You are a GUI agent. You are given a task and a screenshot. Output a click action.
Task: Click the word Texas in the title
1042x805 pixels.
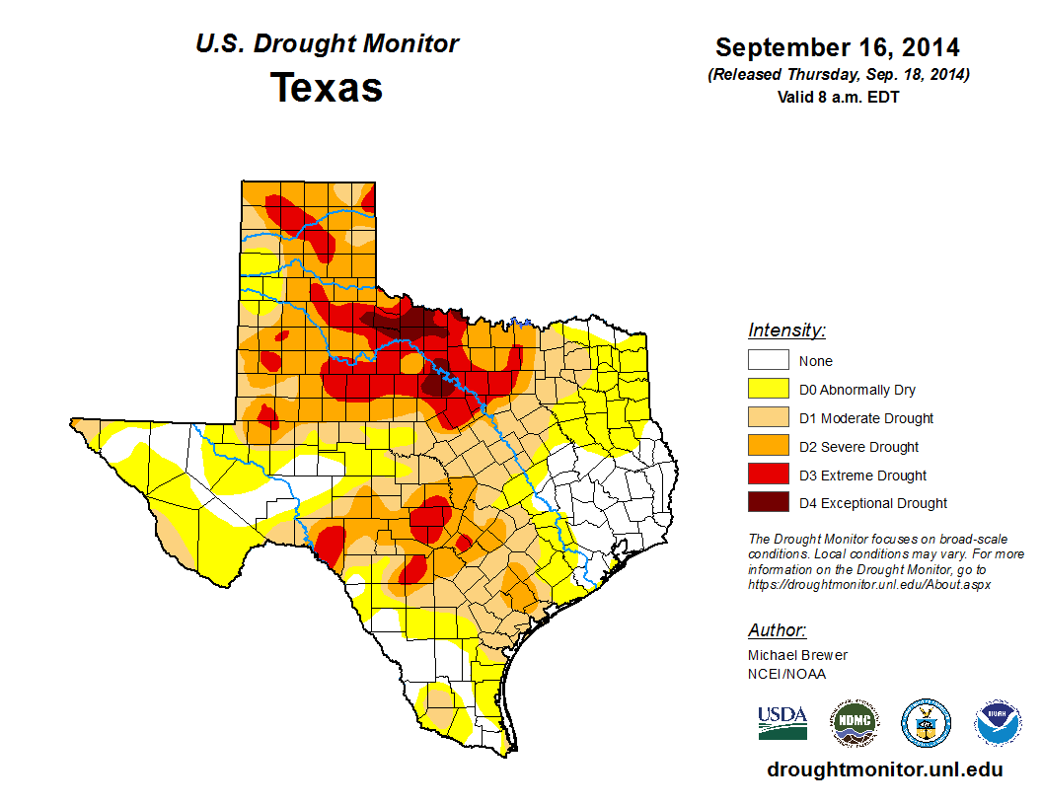[327, 87]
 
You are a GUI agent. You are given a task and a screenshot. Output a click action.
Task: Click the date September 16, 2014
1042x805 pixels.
[837, 47]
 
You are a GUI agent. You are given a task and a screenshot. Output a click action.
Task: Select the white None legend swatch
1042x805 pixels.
[768, 361]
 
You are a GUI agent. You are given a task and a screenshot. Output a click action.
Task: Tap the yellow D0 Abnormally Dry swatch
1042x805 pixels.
[768, 390]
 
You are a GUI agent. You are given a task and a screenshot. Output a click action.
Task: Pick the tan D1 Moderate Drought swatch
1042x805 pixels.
[768, 418]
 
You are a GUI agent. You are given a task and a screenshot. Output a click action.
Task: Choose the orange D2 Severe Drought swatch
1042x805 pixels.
[768, 447]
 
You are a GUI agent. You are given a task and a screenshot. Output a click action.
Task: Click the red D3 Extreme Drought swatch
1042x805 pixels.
[768, 475]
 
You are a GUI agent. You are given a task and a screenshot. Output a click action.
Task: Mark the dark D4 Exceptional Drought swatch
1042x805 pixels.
[768, 503]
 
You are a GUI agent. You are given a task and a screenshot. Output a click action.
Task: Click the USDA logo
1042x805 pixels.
[782, 722]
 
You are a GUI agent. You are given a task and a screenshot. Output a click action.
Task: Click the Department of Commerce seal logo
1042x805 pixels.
[926, 723]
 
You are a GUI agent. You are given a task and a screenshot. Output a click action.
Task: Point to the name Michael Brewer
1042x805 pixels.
[797, 655]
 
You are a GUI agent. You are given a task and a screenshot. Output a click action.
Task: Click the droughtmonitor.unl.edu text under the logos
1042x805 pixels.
[884, 769]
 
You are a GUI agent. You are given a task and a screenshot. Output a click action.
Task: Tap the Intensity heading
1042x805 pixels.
[786, 330]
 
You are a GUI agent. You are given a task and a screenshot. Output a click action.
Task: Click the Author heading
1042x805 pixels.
[777, 630]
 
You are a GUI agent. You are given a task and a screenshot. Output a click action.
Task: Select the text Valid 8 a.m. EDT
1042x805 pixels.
[838, 97]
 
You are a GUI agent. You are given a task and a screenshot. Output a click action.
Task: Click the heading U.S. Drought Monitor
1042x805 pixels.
[327, 44]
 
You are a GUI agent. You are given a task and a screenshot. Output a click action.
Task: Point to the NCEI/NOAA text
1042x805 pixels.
[786, 674]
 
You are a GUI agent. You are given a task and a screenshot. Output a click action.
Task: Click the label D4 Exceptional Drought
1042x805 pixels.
[872, 503]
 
